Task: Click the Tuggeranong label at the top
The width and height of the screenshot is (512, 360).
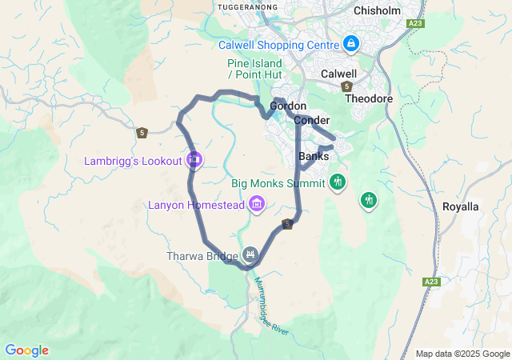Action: pyautogui.click(x=247, y=6)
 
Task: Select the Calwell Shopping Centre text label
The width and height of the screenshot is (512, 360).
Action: pyautogui.click(x=290, y=43)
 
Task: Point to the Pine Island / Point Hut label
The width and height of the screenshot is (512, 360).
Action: pyautogui.click(x=255, y=69)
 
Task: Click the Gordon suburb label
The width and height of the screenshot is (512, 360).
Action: pyautogui.click(x=288, y=106)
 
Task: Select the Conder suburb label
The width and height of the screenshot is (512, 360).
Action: pyautogui.click(x=312, y=120)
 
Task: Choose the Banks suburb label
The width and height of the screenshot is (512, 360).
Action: pyautogui.click(x=314, y=156)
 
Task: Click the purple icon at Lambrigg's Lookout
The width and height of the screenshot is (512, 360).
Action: pyautogui.click(x=194, y=160)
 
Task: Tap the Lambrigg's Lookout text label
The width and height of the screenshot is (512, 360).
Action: pyautogui.click(x=134, y=161)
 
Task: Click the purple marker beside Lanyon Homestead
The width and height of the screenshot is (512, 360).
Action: pyautogui.click(x=257, y=205)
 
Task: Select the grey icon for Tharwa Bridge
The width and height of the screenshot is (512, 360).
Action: pyautogui.click(x=250, y=255)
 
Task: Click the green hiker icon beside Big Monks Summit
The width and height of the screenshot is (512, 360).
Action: pyautogui.click(x=338, y=182)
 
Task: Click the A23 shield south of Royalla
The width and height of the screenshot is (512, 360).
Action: pyautogui.click(x=431, y=282)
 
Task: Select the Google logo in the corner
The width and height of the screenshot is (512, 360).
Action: pyautogui.click(x=26, y=350)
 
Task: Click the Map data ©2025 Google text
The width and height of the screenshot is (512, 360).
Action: pyautogui.click(x=462, y=354)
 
